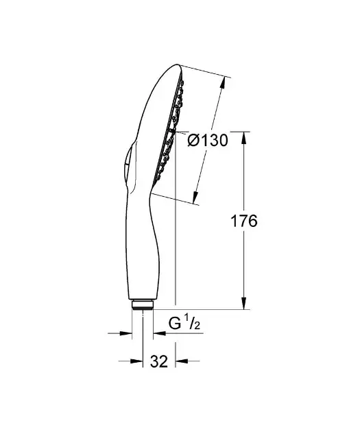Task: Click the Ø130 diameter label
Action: click(x=207, y=140)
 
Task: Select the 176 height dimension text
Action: click(x=243, y=221)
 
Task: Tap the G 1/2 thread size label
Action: click(x=183, y=322)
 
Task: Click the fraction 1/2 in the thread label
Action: click(x=193, y=323)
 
